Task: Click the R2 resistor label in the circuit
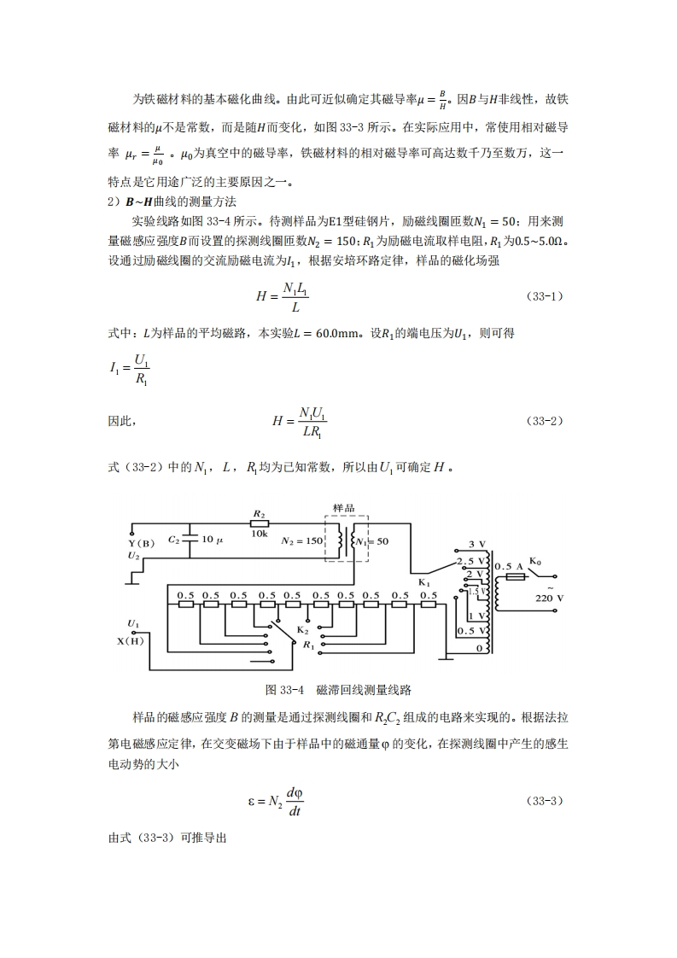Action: pyautogui.click(x=259, y=515)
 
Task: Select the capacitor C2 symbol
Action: pyautogui.click(x=190, y=540)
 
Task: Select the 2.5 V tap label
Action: pyautogui.click(x=470, y=561)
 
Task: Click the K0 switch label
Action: pyautogui.click(x=535, y=561)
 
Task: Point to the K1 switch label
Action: pyautogui.click(x=424, y=583)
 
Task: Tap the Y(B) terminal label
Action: pyautogui.click(x=141, y=543)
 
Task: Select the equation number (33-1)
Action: pyautogui.click(x=546, y=296)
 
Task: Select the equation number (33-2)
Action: pyautogui.click(x=546, y=421)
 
